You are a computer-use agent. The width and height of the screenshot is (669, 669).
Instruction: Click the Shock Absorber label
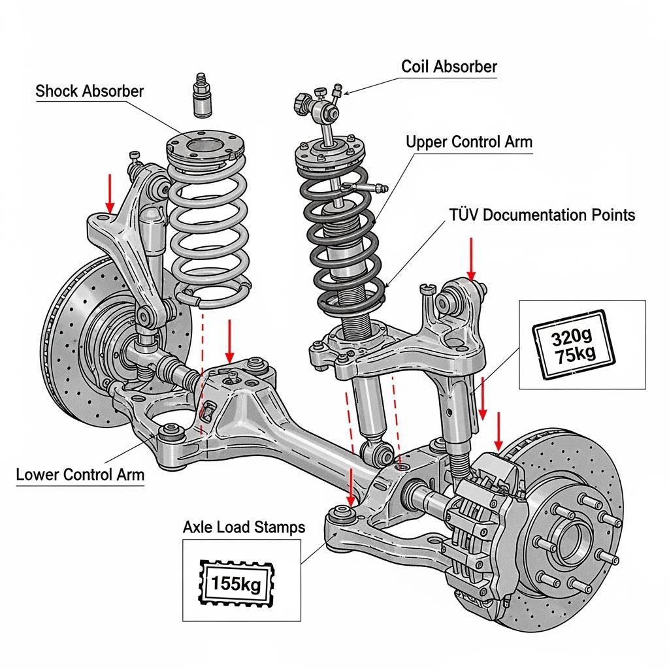coord(90,91)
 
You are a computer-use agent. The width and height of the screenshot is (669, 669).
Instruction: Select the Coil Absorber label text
coord(449,66)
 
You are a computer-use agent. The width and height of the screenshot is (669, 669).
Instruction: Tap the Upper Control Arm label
coord(469,142)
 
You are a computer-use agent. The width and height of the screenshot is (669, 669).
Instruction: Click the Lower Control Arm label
coord(80,474)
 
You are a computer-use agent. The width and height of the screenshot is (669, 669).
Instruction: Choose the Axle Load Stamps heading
coord(244,527)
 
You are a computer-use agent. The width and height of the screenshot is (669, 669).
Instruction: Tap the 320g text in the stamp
coord(570,338)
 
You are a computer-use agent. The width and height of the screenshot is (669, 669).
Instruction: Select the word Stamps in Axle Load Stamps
coord(281,527)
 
